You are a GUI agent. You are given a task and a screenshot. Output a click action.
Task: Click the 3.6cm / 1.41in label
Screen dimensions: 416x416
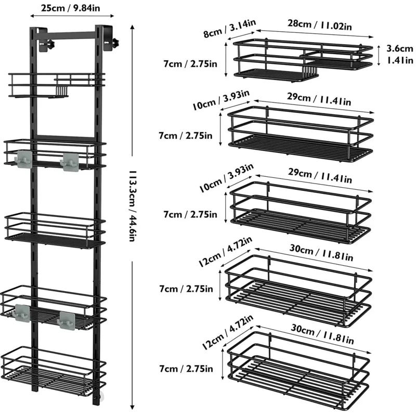[x=399, y=54]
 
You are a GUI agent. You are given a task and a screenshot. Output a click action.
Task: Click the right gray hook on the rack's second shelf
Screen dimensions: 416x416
[x=70, y=161]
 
